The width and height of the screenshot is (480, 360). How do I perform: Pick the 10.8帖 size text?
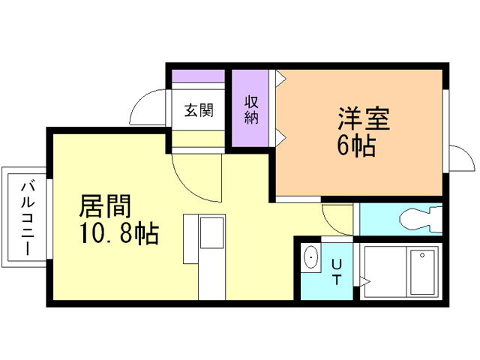pyautogui.click(x=118, y=235)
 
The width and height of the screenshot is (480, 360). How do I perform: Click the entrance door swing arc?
pyautogui.click(x=148, y=106)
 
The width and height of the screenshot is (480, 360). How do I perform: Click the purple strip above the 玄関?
pyautogui.click(x=199, y=76)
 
